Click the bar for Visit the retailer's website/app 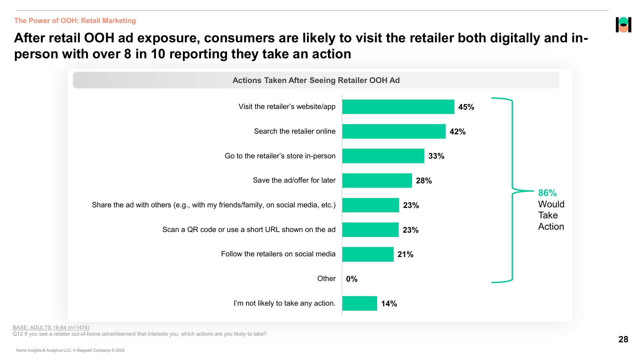click(x=398, y=107)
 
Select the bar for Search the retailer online click(x=394, y=131)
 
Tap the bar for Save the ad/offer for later click(x=377, y=180)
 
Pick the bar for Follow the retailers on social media click(x=368, y=254)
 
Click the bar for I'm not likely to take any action click(x=359, y=303)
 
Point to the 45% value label click(x=466, y=107)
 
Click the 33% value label click(x=436, y=156)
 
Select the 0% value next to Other click(x=352, y=279)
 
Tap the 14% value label click(x=389, y=304)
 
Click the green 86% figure click(x=547, y=193)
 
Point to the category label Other click(x=326, y=279)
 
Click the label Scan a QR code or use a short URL click(x=249, y=229)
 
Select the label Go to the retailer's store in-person click(x=280, y=156)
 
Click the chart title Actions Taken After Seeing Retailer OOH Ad click(x=316, y=80)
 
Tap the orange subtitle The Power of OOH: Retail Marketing click(x=75, y=21)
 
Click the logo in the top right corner click(x=623, y=25)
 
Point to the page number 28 click(x=623, y=339)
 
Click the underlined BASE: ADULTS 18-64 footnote click(x=51, y=328)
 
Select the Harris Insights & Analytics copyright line click(x=70, y=350)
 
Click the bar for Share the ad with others click(x=371, y=205)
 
